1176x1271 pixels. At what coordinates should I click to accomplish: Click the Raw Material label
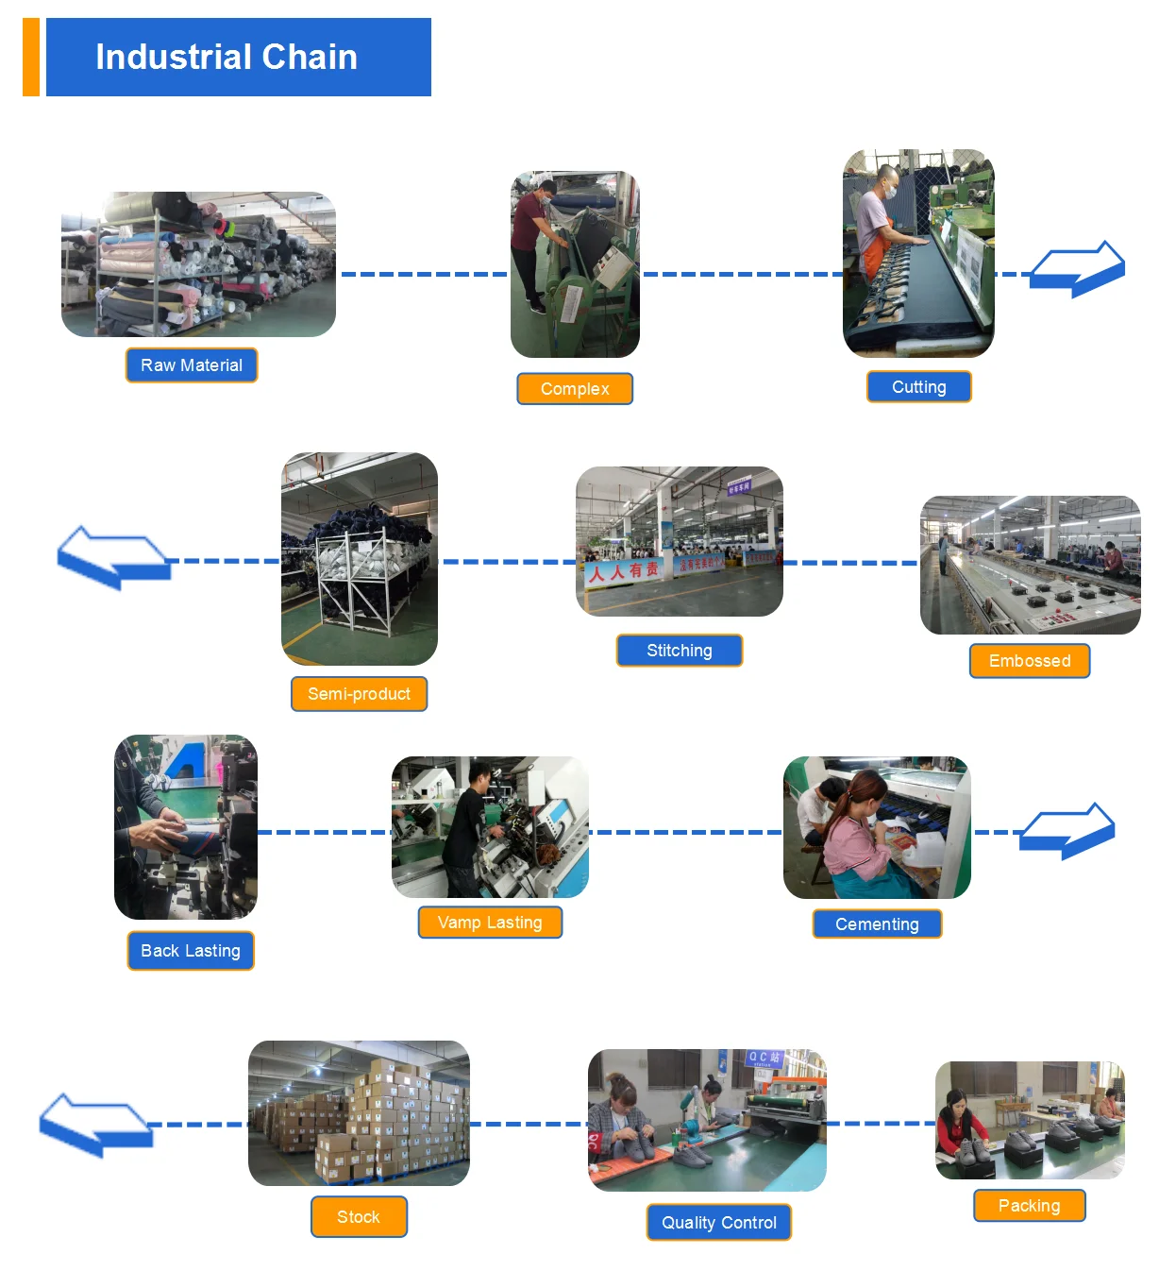pos(192,365)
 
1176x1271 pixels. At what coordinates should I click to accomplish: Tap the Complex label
pos(575,389)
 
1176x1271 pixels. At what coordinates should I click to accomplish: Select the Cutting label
pos(918,387)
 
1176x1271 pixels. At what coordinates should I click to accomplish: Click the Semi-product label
pos(359,694)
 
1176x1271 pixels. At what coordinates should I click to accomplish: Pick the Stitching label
pos(680,651)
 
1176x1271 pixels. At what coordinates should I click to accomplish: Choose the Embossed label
pos(1030,661)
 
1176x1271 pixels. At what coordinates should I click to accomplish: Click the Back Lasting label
pos(191,951)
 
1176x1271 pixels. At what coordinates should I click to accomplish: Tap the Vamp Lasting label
pos(490,923)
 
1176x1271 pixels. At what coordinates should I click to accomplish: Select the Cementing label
pos(877,924)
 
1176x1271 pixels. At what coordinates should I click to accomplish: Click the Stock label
pos(359,1217)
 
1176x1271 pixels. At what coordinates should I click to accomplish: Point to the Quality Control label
pos(719,1223)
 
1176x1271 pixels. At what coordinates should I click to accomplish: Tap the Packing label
pos(1030,1206)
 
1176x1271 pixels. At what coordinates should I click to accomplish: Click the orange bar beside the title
pos(31,57)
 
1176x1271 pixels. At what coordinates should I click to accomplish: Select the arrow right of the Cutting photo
pos(1078,270)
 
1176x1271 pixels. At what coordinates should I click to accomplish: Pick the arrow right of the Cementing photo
pos(1067,830)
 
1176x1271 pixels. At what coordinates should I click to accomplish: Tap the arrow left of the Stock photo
pos(95,1124)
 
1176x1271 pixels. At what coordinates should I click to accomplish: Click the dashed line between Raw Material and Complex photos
pos(424,274)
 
